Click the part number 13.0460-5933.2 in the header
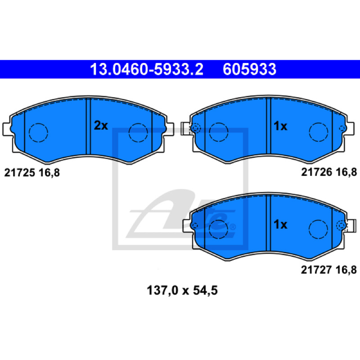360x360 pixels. [x=147, y=69]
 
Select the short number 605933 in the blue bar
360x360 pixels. [x=249, y=69]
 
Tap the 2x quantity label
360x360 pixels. [x=101, y=126]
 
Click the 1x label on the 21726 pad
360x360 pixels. [x=280, y=126]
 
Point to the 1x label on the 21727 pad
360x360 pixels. [x=280, y=224]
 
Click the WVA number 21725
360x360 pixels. [x=19, y=173]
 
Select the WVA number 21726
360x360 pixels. [x=317, y=172]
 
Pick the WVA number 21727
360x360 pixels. [x=316, y=270]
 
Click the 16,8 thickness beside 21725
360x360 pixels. [x=49, y=173]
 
